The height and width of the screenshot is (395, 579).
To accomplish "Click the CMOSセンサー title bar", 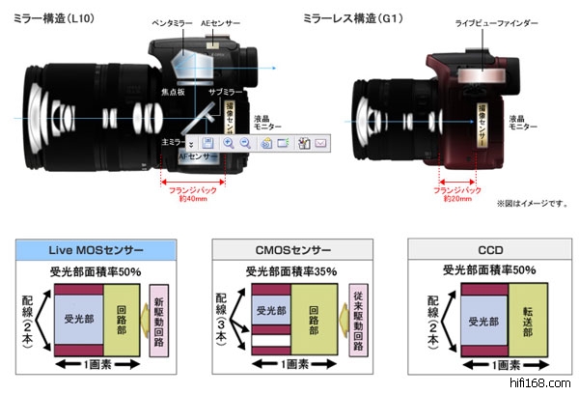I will (290, 250).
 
